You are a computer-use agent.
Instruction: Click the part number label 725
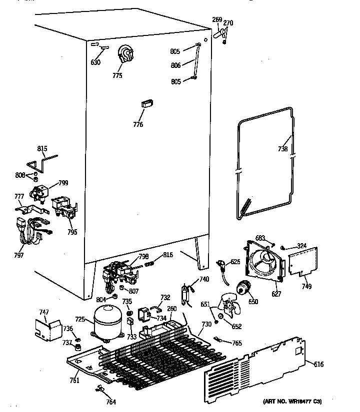click(x=80, y=318)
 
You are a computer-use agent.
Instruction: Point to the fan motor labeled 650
click(x=243, y=288)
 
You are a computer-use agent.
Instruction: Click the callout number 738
click(x=283, y=148)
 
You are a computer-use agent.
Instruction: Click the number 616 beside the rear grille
click(x=318, y=365)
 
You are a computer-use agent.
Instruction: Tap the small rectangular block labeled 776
click(x=146, y=103)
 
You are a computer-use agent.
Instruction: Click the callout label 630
click(x=95, y=62)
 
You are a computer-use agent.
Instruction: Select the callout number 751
click(x=74, y=380)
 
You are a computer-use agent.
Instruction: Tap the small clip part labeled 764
click(x=99, y=388)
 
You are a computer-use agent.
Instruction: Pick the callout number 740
click(x=204, y=279)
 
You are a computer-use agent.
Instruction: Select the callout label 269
click(x=217, y=20)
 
